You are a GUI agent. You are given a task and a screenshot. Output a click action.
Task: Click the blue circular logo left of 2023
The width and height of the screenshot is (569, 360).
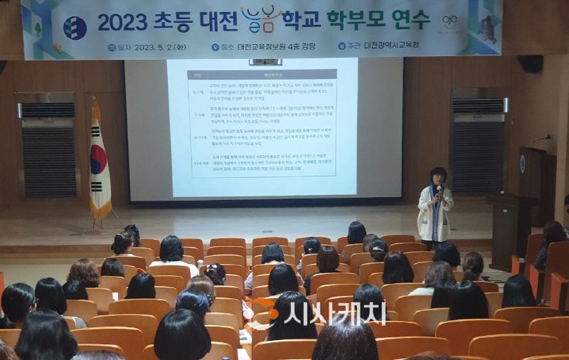(75, 28)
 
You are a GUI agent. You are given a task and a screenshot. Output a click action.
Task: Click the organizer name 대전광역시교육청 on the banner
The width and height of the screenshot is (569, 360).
(393, 46)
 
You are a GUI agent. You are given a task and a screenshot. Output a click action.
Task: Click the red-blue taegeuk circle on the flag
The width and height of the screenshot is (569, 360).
(98, 159)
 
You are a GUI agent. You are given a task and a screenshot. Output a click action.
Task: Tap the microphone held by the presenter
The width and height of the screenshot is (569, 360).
(439, 190)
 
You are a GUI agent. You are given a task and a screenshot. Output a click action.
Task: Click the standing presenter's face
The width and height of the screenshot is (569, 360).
(437, 177)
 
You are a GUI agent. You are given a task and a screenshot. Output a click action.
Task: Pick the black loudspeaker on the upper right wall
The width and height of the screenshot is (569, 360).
(530, 64)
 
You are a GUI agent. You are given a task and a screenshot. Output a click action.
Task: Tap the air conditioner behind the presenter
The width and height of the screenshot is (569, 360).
(478, 145)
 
